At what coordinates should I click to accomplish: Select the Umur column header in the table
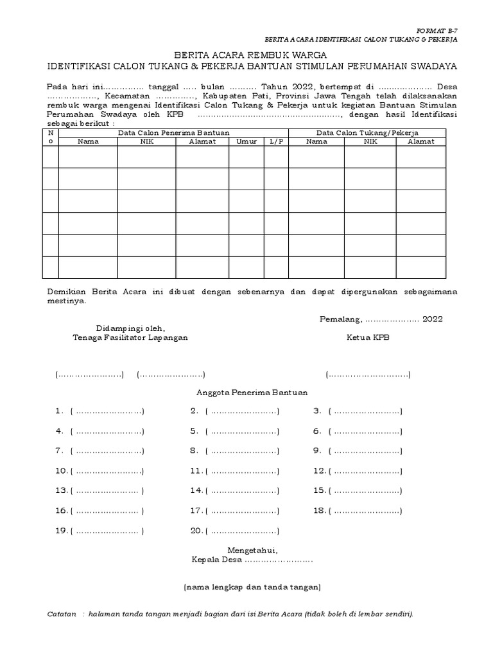coord(246,141)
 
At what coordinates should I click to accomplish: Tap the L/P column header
coord(275,141)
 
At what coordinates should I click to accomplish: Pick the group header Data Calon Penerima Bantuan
coord(173,132)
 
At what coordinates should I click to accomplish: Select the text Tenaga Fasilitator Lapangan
coord(130,337)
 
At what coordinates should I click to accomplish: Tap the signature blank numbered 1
coord(107,411)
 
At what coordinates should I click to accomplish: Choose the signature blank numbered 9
coord(365,451)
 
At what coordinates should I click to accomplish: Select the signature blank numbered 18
coord(365,511)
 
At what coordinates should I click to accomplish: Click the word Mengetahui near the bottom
coord(253,550)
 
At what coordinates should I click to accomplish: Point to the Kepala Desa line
coord(252,560)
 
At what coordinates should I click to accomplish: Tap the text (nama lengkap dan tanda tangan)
coord(252,587)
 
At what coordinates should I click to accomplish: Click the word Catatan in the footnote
coord(62,614)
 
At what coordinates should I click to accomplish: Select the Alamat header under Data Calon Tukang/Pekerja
coord(420,141)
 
